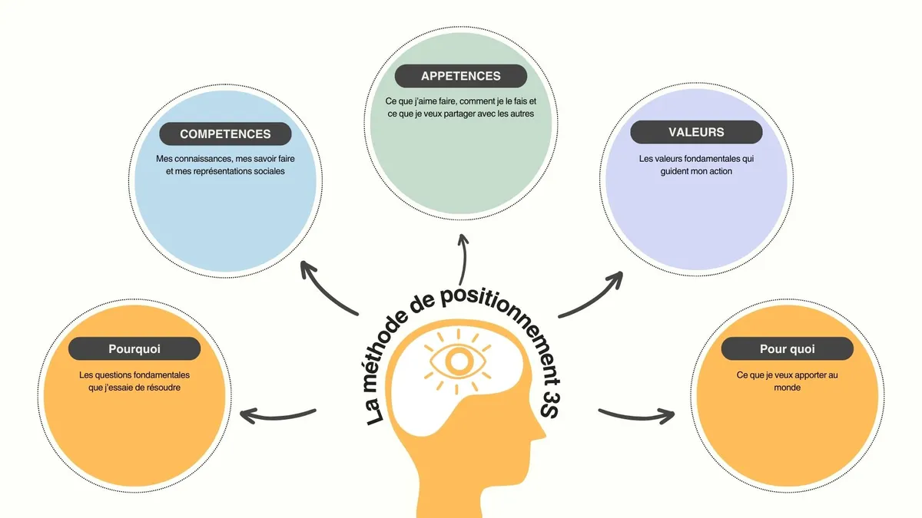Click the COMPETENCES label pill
tap(225, 134)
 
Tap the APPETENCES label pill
tap(460, 76)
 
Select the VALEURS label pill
tap(696, 132)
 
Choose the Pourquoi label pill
tap(134, 349)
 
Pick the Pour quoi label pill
tap(787, 349)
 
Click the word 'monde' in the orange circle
tap(787, 388)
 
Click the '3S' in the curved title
tap(550, 400)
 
